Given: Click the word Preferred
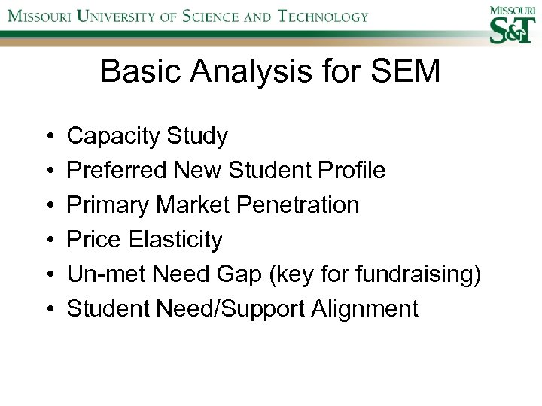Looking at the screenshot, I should pyautogui.click(x=117, y=171).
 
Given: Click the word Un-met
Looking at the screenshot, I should pyautogui.click(x=107, y=274).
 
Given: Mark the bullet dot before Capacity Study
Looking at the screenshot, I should pyautogui.click(x=48, y=137).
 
